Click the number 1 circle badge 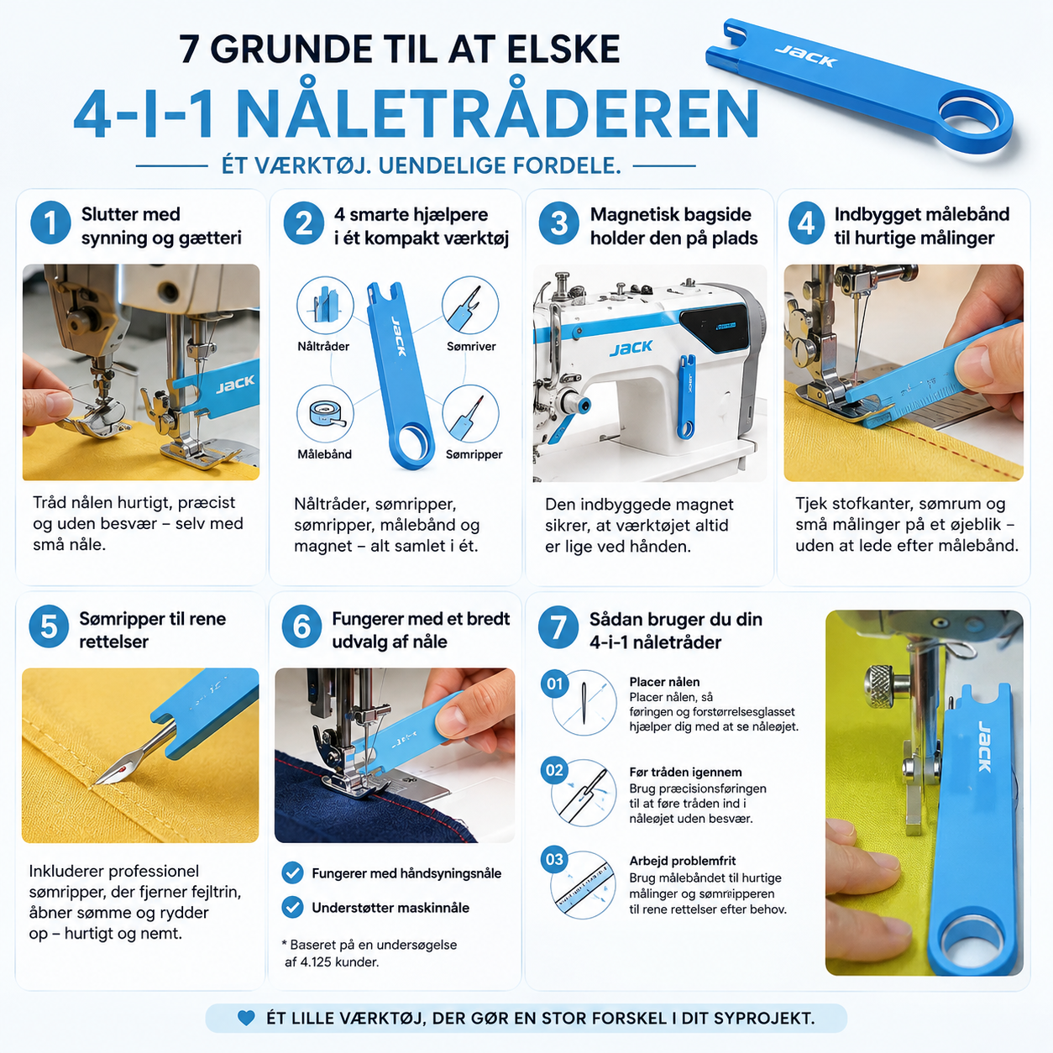coord(50,223)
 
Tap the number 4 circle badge coord(806,223)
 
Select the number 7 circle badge coord(558,627)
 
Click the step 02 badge coord(554,770)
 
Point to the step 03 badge coord(554,859)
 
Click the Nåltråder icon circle coord(325,305)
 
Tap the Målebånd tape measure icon coord(325,414)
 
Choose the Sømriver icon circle coord(470,305)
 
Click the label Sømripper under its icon coord(474,454)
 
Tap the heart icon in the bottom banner coord(246,1018)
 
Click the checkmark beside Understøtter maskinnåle coord(292,907)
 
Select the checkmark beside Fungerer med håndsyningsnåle coord(292,872)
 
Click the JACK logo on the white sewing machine coord(631,348)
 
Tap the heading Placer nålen coord(664,681)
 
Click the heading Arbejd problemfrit coord(683,861)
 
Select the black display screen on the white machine coord(714,327)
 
